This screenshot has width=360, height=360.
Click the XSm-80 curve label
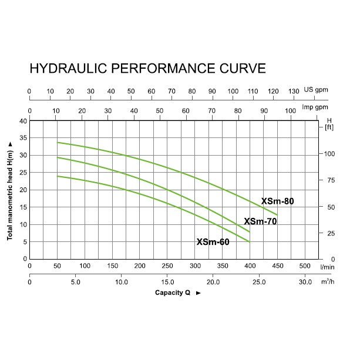(277, 201)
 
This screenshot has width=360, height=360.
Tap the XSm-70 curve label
(260, 221)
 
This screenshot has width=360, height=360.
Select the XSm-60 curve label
(213, 241)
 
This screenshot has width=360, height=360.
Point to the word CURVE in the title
(239, 68)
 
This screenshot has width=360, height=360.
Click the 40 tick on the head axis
(24, 121)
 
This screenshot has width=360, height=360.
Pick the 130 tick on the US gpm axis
(294, 92)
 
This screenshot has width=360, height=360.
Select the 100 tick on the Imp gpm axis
(290, 110)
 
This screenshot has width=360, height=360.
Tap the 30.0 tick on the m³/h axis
(305, 282)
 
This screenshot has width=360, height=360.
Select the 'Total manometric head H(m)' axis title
(11, 190)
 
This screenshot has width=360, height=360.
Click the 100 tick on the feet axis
(329, 154)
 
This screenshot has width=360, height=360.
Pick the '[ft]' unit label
(328, 127)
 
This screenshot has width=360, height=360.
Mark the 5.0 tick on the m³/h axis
(75, 282)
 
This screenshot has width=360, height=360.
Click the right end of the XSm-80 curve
(277, 215)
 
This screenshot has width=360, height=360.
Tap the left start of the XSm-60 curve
(57, 176)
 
